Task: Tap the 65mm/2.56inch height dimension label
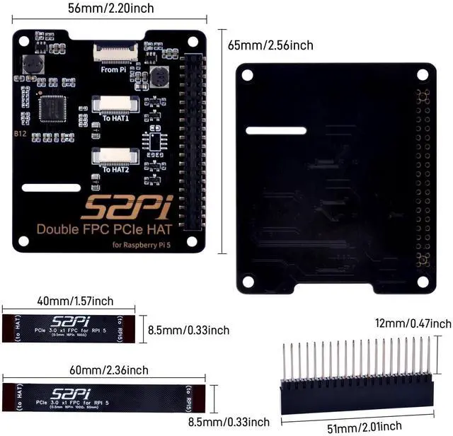point(270,45)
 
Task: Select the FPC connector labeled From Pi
point(114,52)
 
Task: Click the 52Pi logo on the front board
point(125,207)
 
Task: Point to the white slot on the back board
point(276,131)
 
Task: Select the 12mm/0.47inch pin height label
point(413,323)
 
